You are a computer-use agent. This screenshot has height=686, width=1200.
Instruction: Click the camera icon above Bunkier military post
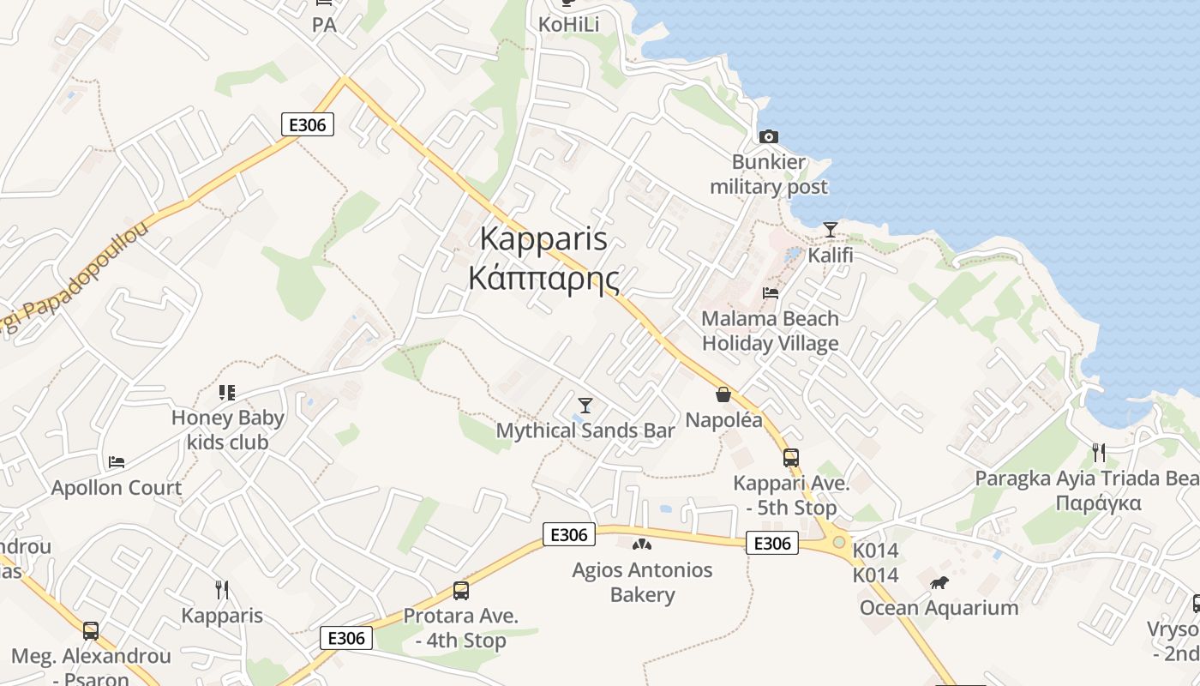tap(769, 136)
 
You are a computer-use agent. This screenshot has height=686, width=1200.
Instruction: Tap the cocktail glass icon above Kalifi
tap(830, 229)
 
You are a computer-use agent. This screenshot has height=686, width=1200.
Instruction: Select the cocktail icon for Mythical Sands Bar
tap(585, 405)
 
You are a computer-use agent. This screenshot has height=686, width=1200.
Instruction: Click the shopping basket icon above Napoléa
tap(723, 394)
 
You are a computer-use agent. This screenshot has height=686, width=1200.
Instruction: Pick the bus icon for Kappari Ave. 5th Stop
tap(790, 458)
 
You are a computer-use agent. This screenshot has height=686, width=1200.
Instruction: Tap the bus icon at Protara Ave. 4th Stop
tap(461, 590)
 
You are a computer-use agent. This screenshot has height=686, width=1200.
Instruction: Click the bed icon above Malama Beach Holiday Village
tap(770, 293)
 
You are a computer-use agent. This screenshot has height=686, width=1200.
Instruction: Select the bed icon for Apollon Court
tap(117, 462)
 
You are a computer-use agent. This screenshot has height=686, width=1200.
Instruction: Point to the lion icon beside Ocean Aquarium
tap(939, 583)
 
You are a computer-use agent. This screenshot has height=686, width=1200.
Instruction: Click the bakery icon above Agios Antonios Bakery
tap(642, 544)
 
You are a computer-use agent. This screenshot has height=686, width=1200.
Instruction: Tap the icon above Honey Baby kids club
tap(227, 393)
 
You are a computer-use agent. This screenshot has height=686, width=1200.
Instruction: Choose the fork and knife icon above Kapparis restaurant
tap(222, 589)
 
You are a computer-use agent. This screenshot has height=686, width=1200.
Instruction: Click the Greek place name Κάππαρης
tap(544, 279)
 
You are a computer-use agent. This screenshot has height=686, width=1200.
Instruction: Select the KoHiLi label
tap(568, 25)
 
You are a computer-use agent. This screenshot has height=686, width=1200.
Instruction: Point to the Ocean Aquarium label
tap(939, 608)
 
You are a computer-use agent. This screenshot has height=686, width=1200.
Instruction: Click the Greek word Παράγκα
tap(1098, 502)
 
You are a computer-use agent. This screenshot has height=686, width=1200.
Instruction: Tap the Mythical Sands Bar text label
tap(585, 430)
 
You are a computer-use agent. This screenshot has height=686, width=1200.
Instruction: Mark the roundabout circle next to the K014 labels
tap(838, 542)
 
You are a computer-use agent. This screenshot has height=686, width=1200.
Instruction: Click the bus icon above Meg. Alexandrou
tap(91, 631)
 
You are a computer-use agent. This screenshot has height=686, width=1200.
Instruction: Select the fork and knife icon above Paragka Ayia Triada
tap(1099, 452)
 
